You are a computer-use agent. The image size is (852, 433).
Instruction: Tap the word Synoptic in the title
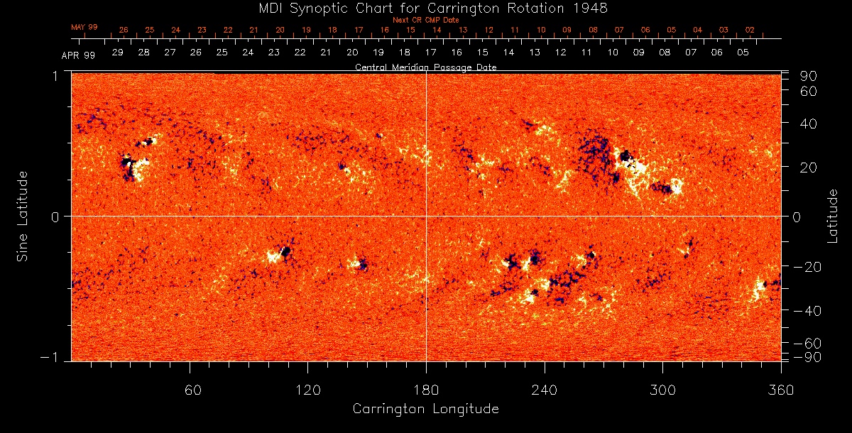[321, 8]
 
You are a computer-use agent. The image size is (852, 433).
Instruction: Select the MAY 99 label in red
[84, 27]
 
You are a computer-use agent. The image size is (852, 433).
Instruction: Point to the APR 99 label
[78, 55]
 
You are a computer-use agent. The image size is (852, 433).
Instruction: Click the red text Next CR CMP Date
[426, 20]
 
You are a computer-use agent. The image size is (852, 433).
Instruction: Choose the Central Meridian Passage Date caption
[426, 67]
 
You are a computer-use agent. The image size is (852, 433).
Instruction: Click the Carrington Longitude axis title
[426, 410]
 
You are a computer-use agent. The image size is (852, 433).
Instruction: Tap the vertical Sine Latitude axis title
[23, 216]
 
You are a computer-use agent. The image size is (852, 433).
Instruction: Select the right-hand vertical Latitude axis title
[833, 216]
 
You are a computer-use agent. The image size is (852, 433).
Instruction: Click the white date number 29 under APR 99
[118, 53]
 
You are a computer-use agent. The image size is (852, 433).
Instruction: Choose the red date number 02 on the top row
[750, 31]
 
